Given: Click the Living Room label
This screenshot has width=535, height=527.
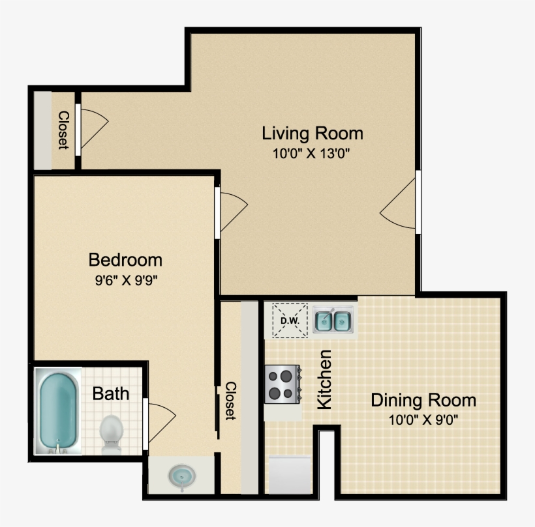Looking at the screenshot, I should coord(313,134).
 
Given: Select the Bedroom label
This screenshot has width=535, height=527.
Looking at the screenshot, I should coord(125,260).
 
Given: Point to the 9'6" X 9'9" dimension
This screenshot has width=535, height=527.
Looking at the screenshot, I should coord(125,281).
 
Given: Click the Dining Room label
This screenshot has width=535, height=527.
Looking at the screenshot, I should coord(423,399).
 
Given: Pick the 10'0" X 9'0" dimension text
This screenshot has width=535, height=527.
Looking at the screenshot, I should coord(423,420).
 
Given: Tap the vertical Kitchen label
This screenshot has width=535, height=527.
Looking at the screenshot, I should coord(324,379).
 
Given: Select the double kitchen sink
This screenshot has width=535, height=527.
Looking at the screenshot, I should coord(333,320).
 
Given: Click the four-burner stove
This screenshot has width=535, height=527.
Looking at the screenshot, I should coord(283,384).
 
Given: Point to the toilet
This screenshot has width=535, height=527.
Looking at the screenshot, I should coord(111,431).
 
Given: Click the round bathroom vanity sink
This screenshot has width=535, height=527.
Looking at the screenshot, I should coord(181,476).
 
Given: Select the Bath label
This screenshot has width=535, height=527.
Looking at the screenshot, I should coord(110,393).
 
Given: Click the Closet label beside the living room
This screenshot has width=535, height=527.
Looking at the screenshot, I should coord(63,130).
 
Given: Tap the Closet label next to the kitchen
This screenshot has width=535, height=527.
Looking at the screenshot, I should coord(230,400).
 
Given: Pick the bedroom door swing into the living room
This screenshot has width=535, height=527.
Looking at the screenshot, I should coord(232,210).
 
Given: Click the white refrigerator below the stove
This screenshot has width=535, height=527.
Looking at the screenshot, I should coord(289,474).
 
